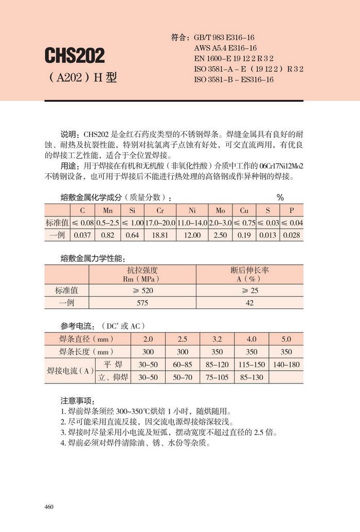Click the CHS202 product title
[75, 55]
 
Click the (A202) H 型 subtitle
[82, 77]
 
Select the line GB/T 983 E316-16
[224, 38]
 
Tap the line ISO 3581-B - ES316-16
[233, 80]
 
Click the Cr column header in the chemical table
[160, 211]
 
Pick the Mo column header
[220, 211]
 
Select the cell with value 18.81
[160, 235]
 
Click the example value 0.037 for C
[82, 235]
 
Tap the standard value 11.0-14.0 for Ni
[191, 223]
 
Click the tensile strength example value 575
[142, 303]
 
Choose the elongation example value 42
[250, 303]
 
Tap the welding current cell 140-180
[286, 364]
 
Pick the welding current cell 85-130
[251, 377]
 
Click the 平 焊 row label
[113, 364]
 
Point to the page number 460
[49, 507]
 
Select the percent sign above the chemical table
[280, 197]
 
